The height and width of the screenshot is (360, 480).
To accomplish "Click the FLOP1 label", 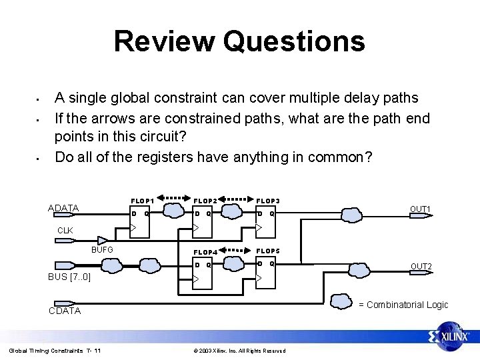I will pos(143,200).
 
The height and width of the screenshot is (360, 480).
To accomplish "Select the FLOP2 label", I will pos(206,200).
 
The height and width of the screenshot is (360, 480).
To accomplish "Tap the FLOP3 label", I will pos(268,200).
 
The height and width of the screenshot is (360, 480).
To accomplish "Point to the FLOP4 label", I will pos(206,253).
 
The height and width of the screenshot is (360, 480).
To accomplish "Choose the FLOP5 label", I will pos(269,251).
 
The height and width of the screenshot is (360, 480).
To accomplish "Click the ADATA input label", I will pos(64,208).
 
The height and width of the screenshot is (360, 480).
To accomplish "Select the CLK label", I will pos(65,231).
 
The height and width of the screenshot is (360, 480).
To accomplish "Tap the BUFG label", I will pos(102,250).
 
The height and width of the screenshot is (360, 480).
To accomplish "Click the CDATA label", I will pos(65,311).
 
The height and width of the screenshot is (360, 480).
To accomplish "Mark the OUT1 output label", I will pos(420,209).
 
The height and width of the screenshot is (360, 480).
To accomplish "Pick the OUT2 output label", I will pos(421,267).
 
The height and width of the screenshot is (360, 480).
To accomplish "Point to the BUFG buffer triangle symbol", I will pos(103,241).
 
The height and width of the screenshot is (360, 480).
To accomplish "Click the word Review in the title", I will pos(165,41).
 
